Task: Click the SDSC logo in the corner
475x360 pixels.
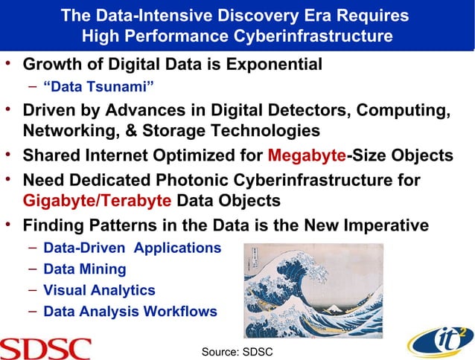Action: (x=45, y=347)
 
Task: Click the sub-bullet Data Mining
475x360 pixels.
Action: (x=85, y=269)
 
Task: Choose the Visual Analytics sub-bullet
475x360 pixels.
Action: (x=99, y=290)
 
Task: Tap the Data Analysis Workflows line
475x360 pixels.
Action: (x=130, y=311)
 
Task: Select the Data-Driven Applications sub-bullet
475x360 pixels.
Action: (x=132, y=247)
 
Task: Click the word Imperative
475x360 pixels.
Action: (x=380, y=225)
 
